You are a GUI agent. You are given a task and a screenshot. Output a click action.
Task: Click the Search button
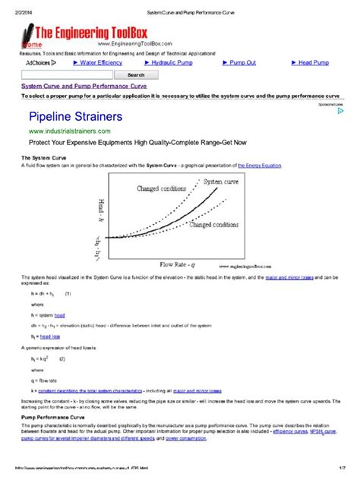(136, 75)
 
